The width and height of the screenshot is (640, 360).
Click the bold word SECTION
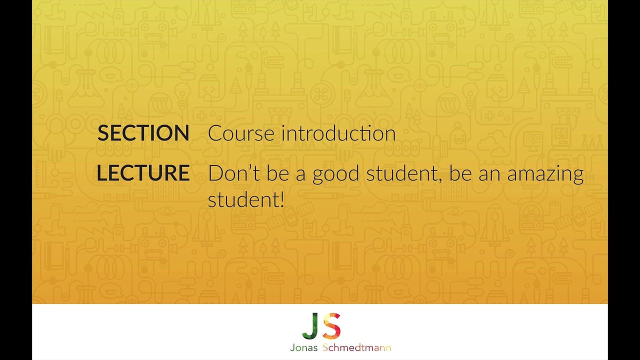point(143,133)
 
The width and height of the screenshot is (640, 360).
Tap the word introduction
point(338,133)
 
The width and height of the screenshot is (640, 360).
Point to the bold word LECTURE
point(143,173)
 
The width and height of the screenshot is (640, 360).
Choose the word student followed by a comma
point(402,173)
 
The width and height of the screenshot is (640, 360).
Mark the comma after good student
point(440,180)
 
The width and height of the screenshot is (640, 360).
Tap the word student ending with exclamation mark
point(243,199)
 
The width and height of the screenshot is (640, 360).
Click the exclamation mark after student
point(282,199)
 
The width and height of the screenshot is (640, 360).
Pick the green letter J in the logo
point(310,325)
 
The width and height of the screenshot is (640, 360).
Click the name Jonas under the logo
point(303,347)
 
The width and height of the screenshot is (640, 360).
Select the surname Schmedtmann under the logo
point(356,347)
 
